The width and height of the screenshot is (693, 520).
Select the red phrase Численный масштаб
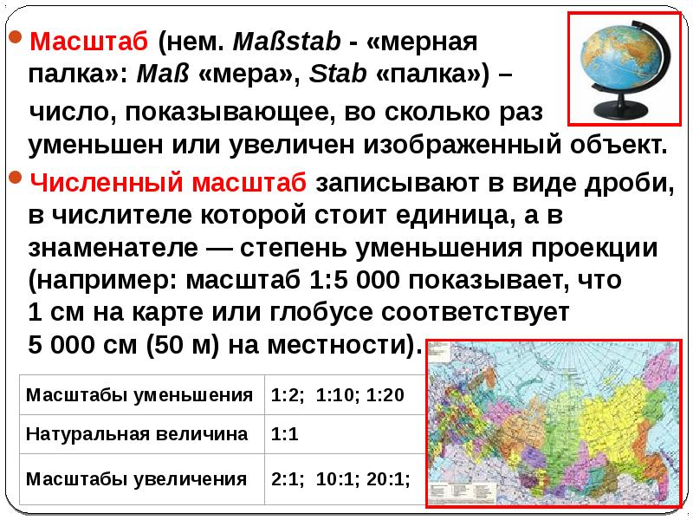167,183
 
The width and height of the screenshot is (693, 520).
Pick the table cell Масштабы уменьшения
139,396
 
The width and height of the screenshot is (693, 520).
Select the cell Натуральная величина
139,434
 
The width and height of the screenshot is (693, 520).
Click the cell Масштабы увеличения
139,478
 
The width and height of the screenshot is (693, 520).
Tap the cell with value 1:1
285,434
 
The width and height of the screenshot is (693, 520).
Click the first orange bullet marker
15,40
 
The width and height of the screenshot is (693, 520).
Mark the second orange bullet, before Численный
15,180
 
